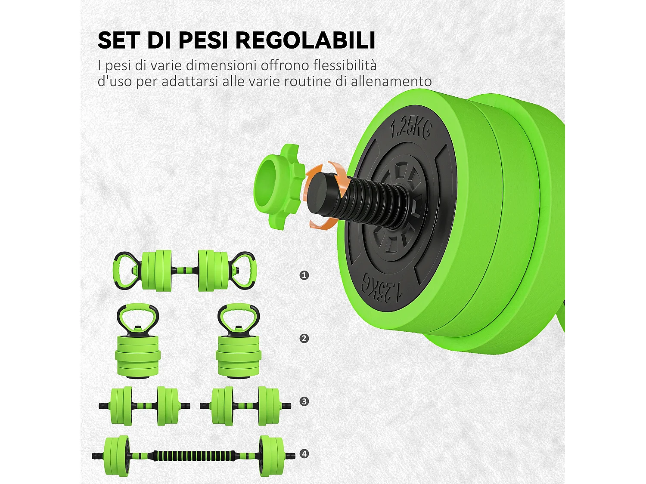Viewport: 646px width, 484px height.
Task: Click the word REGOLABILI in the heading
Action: pyautogui.click(x=306, y=40)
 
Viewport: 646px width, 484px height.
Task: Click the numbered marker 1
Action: pyautogui.click(x=304, y=275)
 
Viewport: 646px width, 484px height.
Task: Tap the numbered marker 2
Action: pyautogui.click(x=304, y=338)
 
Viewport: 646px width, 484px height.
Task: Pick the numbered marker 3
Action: pyautogui.click(x=304, y=401)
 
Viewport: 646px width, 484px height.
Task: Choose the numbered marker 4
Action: pyautogui.click(x=304, y=453)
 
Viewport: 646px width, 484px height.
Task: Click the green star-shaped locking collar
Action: pyautogui.click(x=277, y=185)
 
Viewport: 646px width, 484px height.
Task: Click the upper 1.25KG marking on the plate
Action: pyautogui.click(x=410, y=128)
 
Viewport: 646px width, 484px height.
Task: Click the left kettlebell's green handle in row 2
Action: pyautogui.click(x=138, y=310)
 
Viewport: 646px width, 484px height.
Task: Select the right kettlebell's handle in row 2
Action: pyautogui.click(x=238, y=310)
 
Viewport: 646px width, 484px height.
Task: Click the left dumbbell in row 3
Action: pyautogui.click(x=144, y=406)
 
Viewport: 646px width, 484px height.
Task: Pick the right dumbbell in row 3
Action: pyautogui.click(x=245, y=406)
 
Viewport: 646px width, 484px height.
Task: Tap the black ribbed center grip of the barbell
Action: pyautogui.click(x=194, y=456)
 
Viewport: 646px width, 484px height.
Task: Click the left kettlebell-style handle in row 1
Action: pyautogui.click(x=124, y=270)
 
